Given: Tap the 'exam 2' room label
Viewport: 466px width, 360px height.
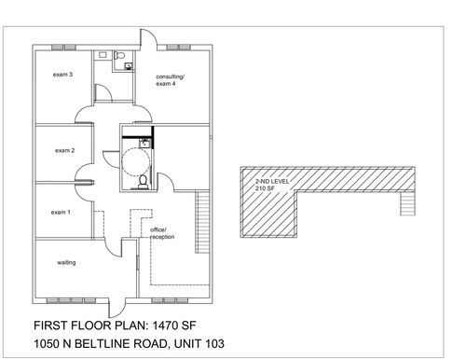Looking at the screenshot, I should pyautogui.click(x=64, y=149).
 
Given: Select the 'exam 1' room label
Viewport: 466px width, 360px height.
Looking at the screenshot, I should pyautogui.click(x=61, y=213).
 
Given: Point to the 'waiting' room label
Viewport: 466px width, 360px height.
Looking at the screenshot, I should pyautogui.click(x=66, y=263).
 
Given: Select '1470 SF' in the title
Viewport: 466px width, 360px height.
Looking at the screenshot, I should pyautogui.click(x=199, y=326).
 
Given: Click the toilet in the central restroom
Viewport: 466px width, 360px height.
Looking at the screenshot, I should pyautogui.click(x=142, y=180).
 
